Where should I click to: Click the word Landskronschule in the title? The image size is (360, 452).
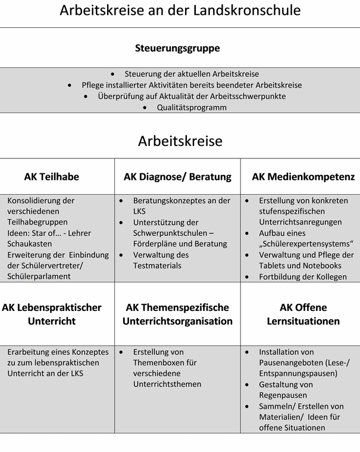coord(249,10)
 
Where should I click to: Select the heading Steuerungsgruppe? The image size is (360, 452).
coord(177,48)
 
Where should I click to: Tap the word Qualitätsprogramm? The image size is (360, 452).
coord(192,108)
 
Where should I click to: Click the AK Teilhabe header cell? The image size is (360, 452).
coord(52,177)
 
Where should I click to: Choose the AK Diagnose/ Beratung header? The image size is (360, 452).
coord(177,177)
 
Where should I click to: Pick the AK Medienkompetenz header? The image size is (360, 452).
coord(303,177)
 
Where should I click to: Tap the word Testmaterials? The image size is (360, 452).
coord(157,266)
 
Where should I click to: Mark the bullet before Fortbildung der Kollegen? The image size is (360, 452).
coord(247,277)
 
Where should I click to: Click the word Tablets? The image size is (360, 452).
coord(273,266)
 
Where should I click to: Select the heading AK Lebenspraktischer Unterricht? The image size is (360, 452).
coord(52,314)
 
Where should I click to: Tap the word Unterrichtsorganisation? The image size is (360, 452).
coord(177,322)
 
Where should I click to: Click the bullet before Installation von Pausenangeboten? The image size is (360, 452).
coord(247,353)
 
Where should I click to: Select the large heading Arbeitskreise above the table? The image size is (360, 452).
coord(180,141)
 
